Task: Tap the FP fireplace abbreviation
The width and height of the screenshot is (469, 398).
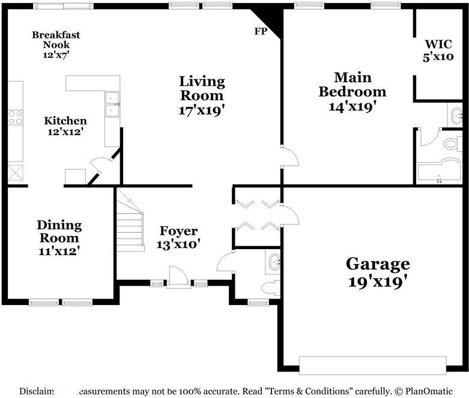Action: [261, 32]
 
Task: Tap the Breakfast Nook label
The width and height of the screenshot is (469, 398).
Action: [56, 44]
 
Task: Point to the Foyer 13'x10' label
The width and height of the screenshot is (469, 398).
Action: [178, 237]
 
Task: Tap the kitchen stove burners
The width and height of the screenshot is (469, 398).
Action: [15, 117]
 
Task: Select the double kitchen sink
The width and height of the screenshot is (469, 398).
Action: [112, 104]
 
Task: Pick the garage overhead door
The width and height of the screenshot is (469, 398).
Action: [372, 364]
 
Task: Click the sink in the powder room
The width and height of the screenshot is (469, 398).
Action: [274, 261]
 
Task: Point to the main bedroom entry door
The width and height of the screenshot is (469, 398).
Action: [289, 157]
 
